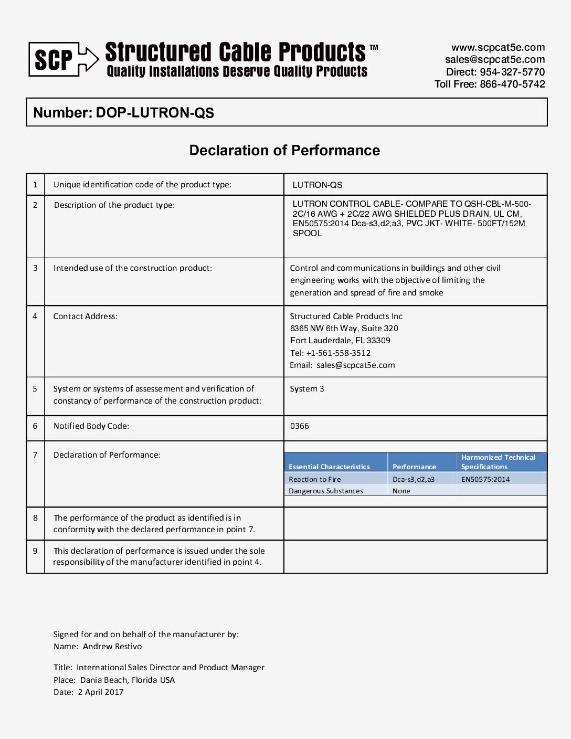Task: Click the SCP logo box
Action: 54,59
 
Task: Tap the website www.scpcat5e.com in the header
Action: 498,47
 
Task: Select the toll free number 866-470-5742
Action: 512,84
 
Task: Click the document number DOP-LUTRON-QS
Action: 155,113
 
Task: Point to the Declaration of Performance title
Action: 284,151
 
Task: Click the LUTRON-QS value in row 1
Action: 318,185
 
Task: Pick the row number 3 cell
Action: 35,268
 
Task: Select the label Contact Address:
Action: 86,316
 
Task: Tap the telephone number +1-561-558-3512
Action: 339,353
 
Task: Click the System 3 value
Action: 307,389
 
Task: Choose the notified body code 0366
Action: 300,426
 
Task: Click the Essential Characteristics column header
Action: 329,467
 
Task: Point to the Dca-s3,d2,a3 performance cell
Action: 414,479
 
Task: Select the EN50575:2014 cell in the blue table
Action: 485,479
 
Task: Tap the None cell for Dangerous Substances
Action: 401,491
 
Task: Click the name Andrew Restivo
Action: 112,647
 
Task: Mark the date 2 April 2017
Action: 101,692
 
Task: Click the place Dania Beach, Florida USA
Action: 128,680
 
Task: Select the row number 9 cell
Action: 35,551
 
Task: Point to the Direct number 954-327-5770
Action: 512,72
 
